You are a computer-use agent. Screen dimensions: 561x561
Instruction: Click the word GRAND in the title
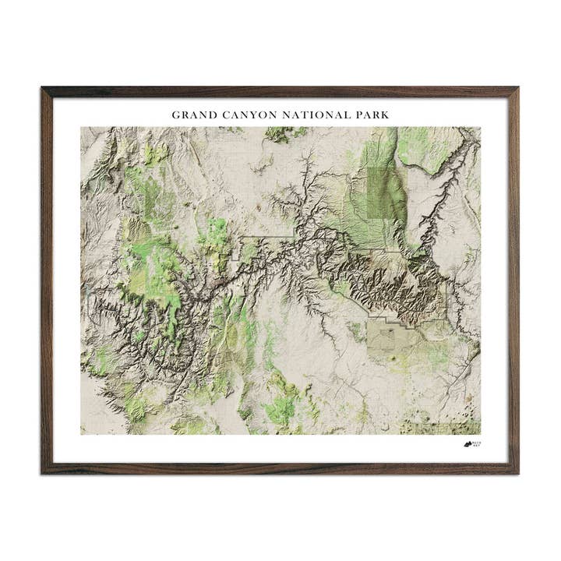click(192, 115)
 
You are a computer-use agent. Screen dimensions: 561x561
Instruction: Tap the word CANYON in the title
click(244, 115)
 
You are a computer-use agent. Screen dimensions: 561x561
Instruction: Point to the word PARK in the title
click(370, 115)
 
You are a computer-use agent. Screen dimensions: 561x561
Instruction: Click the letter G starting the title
click(176, 115)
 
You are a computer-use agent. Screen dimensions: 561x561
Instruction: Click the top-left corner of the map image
click(81, 128)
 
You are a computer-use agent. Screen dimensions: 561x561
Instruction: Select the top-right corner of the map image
click(480, 128)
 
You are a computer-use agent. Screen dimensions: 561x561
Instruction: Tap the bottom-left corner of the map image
click(81, 434)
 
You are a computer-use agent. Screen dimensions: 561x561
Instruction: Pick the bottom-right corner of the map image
click(480, 434)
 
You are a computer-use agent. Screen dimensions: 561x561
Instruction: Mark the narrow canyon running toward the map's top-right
click(444, 187)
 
